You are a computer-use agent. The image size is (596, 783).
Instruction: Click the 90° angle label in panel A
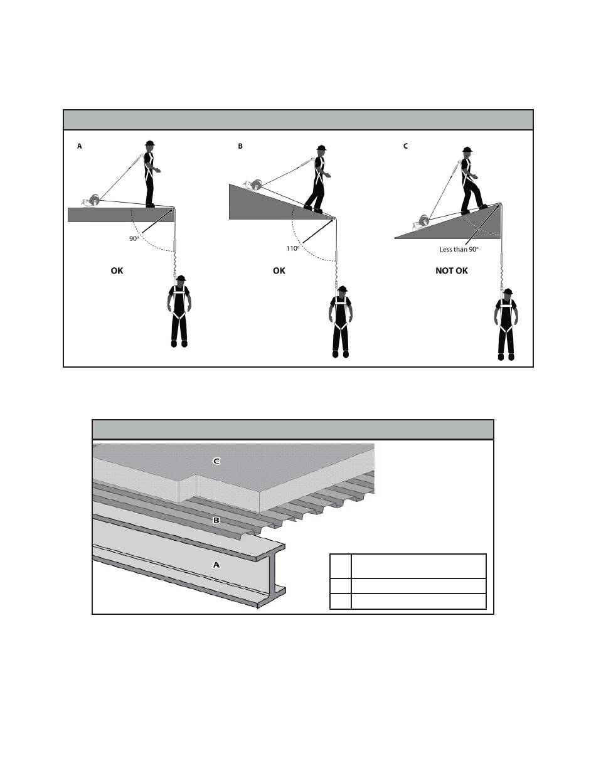[x=134, y=238]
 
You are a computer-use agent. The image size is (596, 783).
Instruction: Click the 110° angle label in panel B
[x=292, y=248]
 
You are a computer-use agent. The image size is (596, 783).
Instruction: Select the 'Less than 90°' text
[x=459, y=249]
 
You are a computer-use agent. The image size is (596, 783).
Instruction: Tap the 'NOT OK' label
[x=452, y=271]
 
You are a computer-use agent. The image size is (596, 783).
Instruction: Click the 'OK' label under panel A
[x=117, y=271]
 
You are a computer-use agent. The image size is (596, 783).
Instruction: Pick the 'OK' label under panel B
[x=279, y=271]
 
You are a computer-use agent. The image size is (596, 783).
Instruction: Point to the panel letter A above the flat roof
[x=80, y=146]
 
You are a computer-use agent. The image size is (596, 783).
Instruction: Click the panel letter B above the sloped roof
[x=240, y=146]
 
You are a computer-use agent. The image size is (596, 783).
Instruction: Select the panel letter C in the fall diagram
[x=405, y=146]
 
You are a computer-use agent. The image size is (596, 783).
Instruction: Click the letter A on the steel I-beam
[x=216, y=565]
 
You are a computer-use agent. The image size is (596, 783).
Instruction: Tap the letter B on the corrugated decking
[x=216, y=521]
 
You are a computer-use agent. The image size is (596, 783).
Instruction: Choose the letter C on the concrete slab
[x=216, y=461]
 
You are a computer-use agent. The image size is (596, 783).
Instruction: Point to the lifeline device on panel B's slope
[x=253, y=185]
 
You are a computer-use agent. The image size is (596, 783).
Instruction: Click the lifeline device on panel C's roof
[x=421, y=222]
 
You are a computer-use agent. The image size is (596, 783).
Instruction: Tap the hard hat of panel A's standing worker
[x=150, y=143]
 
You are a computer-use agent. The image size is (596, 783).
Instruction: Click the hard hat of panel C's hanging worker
[x=508, y=292]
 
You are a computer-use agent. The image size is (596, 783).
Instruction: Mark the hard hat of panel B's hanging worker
[x=343, y=289]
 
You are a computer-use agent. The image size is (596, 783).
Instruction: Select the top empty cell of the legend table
[x=418, y=566]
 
